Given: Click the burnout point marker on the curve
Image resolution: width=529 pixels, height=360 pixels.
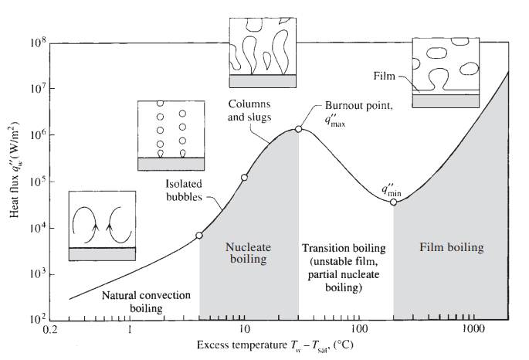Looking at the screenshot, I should [299, 129].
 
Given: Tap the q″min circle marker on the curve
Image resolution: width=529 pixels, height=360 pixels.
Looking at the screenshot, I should [394, 202].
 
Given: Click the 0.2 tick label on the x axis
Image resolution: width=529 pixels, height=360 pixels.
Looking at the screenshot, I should [50, 330].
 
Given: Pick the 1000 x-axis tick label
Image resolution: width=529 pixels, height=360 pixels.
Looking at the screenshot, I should [472, 330].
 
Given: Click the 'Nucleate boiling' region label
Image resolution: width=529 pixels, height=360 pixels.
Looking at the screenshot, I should [249, 253].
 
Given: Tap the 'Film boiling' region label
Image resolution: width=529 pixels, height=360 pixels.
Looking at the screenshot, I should [452, 248].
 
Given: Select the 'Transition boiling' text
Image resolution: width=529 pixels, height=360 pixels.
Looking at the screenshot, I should [343, 248].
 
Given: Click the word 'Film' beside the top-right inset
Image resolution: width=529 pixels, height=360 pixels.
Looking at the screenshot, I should [384, 75].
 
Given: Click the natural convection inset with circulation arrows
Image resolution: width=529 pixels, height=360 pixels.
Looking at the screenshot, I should [103, 225].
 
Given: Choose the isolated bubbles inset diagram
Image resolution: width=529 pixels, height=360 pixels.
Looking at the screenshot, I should [171, 135].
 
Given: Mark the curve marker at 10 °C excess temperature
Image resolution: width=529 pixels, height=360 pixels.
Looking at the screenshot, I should [245, 178].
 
